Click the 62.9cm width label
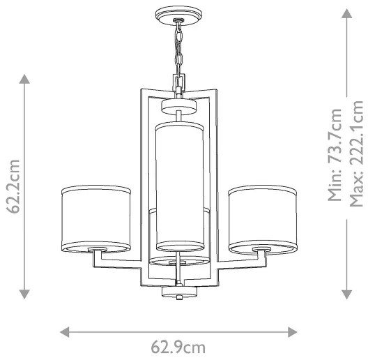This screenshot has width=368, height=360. pos(178,346)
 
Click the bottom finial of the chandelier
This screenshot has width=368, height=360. pos(178,291)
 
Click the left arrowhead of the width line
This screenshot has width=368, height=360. pos(65,330)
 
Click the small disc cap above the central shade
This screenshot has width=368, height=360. pos(178,107)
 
